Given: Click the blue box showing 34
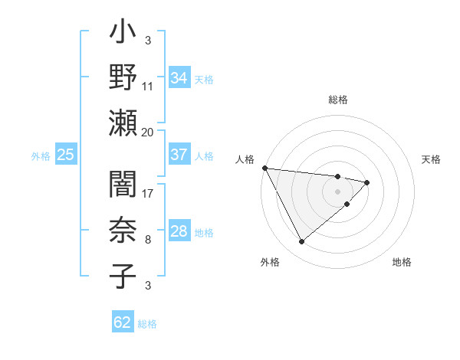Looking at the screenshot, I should coord(179,78).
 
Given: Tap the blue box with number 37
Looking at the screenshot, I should coord(179,155).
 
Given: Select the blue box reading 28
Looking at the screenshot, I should coord(179,231).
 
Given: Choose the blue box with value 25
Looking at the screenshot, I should coord(66,155).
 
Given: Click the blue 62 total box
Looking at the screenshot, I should coord(123,322).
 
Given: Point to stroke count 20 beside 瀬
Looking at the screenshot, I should coord(148,132).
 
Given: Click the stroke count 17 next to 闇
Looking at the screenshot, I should coord(148,194).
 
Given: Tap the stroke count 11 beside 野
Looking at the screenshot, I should coord(148,87).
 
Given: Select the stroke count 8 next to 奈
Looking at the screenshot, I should coord(147,240).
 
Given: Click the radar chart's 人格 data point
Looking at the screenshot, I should coord(264,168).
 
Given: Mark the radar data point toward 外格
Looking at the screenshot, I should coord(301,242).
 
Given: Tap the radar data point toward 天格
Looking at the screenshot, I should coord(367,182).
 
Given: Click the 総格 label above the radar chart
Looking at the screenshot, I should coord(338,100).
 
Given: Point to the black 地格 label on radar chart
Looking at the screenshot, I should coord(402,262).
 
